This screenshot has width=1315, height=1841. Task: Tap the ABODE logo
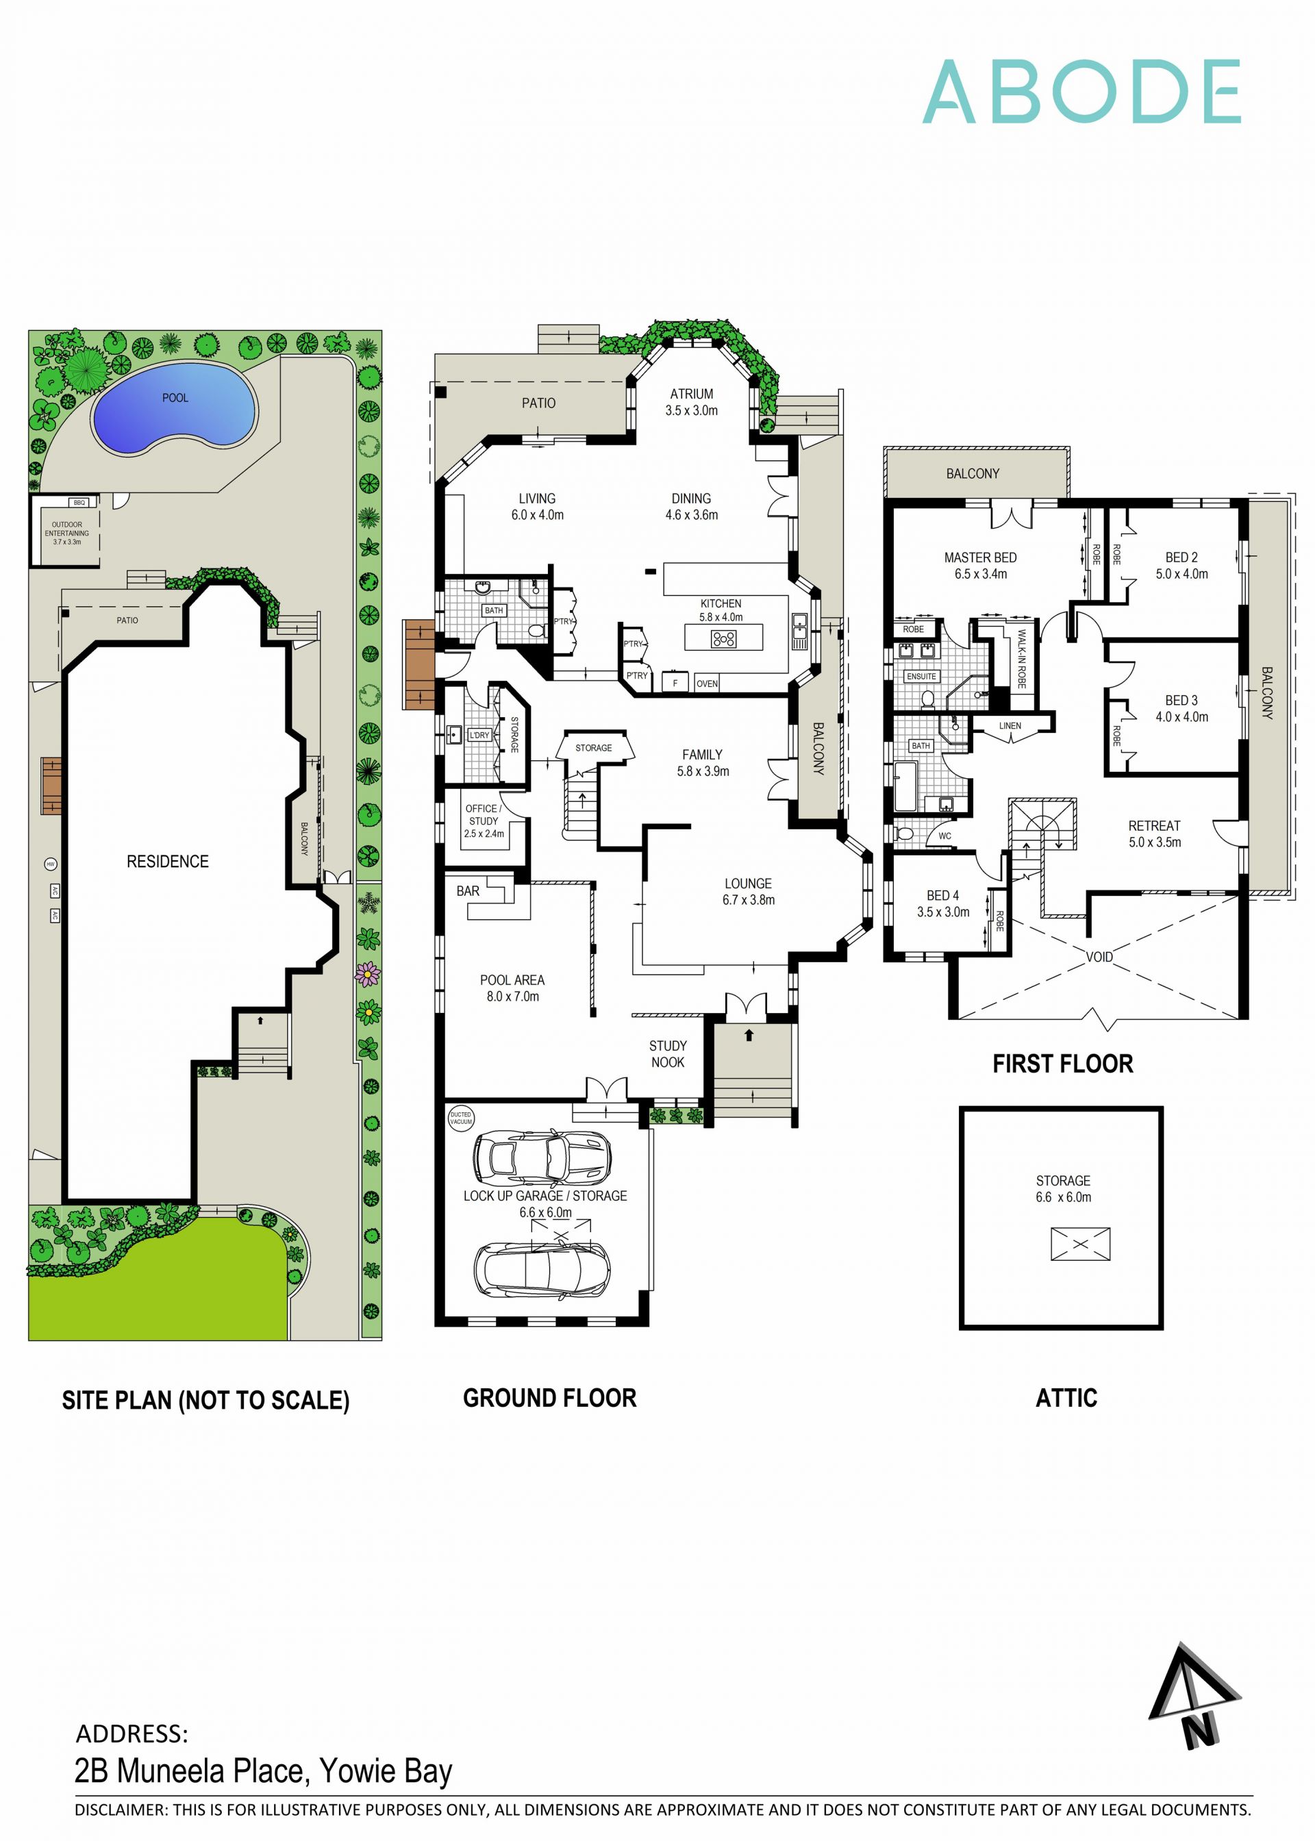point(1082,92)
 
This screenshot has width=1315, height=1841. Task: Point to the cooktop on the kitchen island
point(723,640)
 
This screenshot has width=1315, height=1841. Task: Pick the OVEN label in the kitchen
point(707,684)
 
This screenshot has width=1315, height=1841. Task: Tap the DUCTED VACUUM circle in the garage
point(461,1118)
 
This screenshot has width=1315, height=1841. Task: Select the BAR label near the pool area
point(468,890)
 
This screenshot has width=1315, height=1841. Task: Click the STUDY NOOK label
point(668,1054)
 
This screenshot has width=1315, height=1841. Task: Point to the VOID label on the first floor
point(1099,957)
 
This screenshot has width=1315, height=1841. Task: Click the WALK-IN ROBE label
point(1022,659)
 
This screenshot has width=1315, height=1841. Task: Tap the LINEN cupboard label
point(1010,725)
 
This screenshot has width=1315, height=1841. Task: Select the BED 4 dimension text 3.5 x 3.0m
point(942,912)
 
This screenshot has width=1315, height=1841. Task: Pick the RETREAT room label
point(1154,826)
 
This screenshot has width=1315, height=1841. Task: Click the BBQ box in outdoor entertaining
point(79,503)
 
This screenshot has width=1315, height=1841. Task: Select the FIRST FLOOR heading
point(1062,1064)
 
